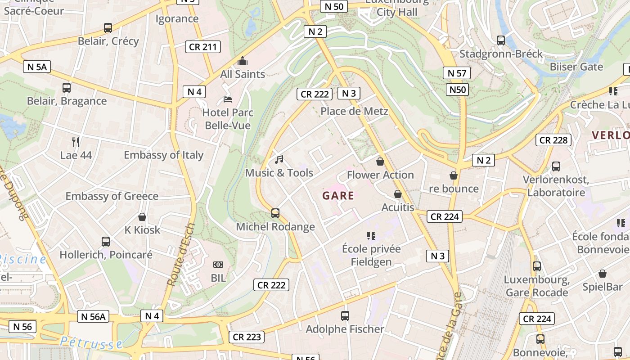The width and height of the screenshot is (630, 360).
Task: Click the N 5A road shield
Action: coord(37,67)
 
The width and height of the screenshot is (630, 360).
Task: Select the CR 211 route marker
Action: coord(203,47)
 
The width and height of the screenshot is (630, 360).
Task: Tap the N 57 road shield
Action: coord(456,73)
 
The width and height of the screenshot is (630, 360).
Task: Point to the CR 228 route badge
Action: coord(553,140)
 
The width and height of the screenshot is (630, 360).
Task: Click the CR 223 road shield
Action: coord(247,337)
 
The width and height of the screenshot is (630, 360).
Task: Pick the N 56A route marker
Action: coord(93,316)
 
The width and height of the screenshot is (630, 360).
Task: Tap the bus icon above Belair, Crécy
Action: coord(108,28)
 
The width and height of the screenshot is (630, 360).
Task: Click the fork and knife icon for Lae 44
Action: coord(76,142)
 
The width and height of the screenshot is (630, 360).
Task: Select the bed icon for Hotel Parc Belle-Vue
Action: coord(228,99)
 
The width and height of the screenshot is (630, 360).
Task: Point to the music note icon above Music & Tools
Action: coord(279,159)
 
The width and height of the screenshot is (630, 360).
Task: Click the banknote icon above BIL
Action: coord(218,265)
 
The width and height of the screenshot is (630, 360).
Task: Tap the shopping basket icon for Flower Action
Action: coord(380,162)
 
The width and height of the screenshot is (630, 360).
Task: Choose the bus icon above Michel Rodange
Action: coord(275,213)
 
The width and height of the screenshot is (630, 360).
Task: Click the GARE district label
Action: coord(338,196)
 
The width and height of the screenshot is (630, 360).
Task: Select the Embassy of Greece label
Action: coord(112,196)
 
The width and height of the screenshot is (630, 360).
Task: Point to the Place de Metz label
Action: coord(354,111)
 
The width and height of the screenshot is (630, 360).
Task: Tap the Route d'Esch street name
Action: coord(181,254)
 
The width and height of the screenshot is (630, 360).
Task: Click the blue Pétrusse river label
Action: coord(91,343)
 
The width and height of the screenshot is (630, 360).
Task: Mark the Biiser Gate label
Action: coord(576,67)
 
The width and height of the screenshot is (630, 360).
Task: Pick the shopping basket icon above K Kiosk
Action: coord(142,217)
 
